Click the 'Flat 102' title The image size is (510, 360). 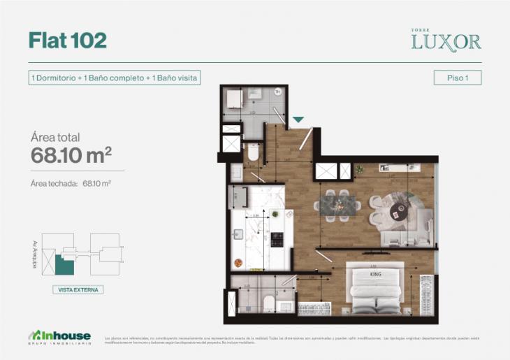[x=68, y=41]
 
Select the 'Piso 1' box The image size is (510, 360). [x=457, y=78]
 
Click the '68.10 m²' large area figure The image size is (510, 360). [x=71, y=155]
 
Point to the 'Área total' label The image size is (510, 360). [x=55, y=137]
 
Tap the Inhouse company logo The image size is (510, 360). [x=61, y=336]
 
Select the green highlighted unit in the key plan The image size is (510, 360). [x=64, y=265]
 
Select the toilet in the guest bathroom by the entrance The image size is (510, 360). [x=253, y=152]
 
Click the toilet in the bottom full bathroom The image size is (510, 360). [x=268, y=303]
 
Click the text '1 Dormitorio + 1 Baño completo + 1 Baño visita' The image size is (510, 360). [x=114, y=78]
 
